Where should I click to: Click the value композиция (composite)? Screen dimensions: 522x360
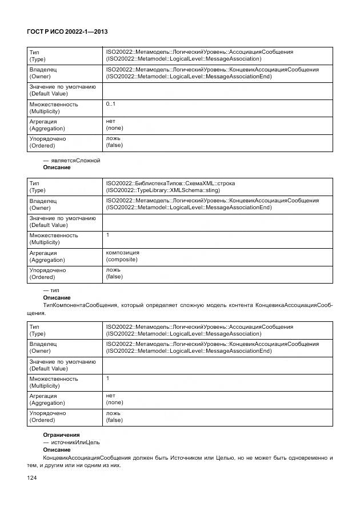122,256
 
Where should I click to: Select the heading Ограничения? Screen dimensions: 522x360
61,435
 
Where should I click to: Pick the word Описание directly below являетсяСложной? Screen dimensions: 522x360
57,168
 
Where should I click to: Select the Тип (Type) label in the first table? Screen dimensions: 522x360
37,55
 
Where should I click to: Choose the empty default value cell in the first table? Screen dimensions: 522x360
217,90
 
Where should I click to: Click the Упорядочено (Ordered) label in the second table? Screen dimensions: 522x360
47,273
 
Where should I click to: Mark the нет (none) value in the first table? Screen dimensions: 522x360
114,125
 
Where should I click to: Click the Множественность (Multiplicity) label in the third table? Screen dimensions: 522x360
53,382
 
